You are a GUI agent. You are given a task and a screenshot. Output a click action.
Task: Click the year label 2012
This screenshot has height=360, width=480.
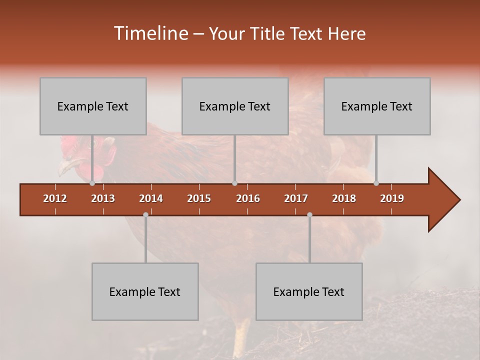pyautogui.click(x=55, y=198)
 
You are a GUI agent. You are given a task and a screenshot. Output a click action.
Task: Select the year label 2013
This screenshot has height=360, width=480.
pyautogui.click(x=103, y=198)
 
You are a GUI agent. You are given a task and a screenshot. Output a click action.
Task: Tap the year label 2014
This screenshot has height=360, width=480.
pyautogui.click(x=151, y=198)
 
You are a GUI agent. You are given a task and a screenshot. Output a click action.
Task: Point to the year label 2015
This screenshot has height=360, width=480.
pyautogui.click(x=199, y=198)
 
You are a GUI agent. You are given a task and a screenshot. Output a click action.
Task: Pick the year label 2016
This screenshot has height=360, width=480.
pyautogui.click(x=248, y=198)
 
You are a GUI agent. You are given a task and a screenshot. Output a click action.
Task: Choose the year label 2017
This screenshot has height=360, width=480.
pyautogui.click(x=296, y=198)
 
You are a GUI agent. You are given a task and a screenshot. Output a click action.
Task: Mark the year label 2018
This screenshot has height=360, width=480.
pyautogui.click(x=344, y=198)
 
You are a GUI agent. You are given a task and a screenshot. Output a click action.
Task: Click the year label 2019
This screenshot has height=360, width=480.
pyautogui.click(x=392, y=198)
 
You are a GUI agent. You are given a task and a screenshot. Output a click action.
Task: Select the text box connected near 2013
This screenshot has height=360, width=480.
pyautogui.click(x=93, y=106)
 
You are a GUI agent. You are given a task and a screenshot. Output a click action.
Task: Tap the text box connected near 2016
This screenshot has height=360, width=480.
pyautogui.click(x=235, y=106)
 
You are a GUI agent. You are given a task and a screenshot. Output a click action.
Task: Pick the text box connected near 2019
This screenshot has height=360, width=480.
pyautogui.click(x=377, y=106)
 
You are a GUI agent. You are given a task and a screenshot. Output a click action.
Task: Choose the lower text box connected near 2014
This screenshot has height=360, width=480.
pyautogui.click(x=145, y=291)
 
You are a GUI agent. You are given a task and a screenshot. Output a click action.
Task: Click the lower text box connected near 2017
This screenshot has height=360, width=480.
pyautogui.click(x=309, y=291)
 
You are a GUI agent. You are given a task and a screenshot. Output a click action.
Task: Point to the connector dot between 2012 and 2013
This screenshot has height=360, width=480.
pyautogui.click(x=92, y=183)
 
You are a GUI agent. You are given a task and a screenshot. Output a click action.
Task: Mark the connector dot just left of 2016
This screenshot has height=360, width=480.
pyautogui.click(x=234, y=183)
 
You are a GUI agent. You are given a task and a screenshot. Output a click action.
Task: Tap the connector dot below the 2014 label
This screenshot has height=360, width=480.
pyautogui.click(x=145, y=214)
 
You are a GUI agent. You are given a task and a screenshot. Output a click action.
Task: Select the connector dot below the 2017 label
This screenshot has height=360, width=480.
pyautogui.click(x=309, y=214)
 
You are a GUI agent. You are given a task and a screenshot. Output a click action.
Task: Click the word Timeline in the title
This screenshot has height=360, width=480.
pyautogui.click(x=150, y=33)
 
